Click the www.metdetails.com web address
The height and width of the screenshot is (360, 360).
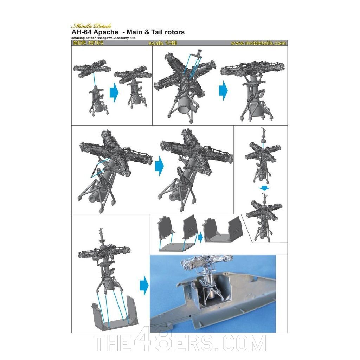[x=258, y=43]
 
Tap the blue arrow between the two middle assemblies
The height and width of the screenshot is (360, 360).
[x=160, y=166]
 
